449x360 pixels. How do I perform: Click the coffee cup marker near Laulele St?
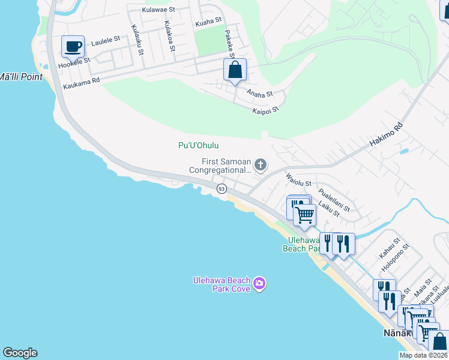[x=73, y=47]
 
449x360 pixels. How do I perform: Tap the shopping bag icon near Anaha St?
[x=235, y=70]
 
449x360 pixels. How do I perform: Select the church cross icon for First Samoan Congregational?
[x=261, y=164]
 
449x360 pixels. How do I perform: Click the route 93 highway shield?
[x=221, y=189]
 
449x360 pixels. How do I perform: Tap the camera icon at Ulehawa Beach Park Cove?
[x=259, y=283]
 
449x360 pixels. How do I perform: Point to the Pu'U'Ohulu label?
[x=198, y=145]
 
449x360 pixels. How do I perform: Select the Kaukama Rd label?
[x=81, y=83]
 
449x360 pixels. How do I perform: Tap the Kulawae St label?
[x=158, y=10]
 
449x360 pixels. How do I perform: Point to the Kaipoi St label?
[x=265, y=110]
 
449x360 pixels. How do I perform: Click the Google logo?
[x=20, y=353]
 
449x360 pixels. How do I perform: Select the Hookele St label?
[x=74, y=62]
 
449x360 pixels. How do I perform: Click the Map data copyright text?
[x=423, y=355]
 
